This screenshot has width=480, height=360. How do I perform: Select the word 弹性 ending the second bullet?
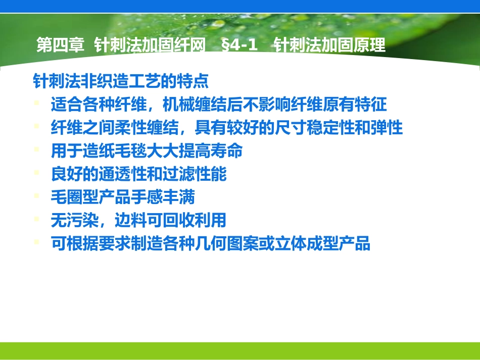pyautogui.click(x=388, y=128)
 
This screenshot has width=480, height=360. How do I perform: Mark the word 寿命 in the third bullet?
pyautogui.click(x=227, y=151)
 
